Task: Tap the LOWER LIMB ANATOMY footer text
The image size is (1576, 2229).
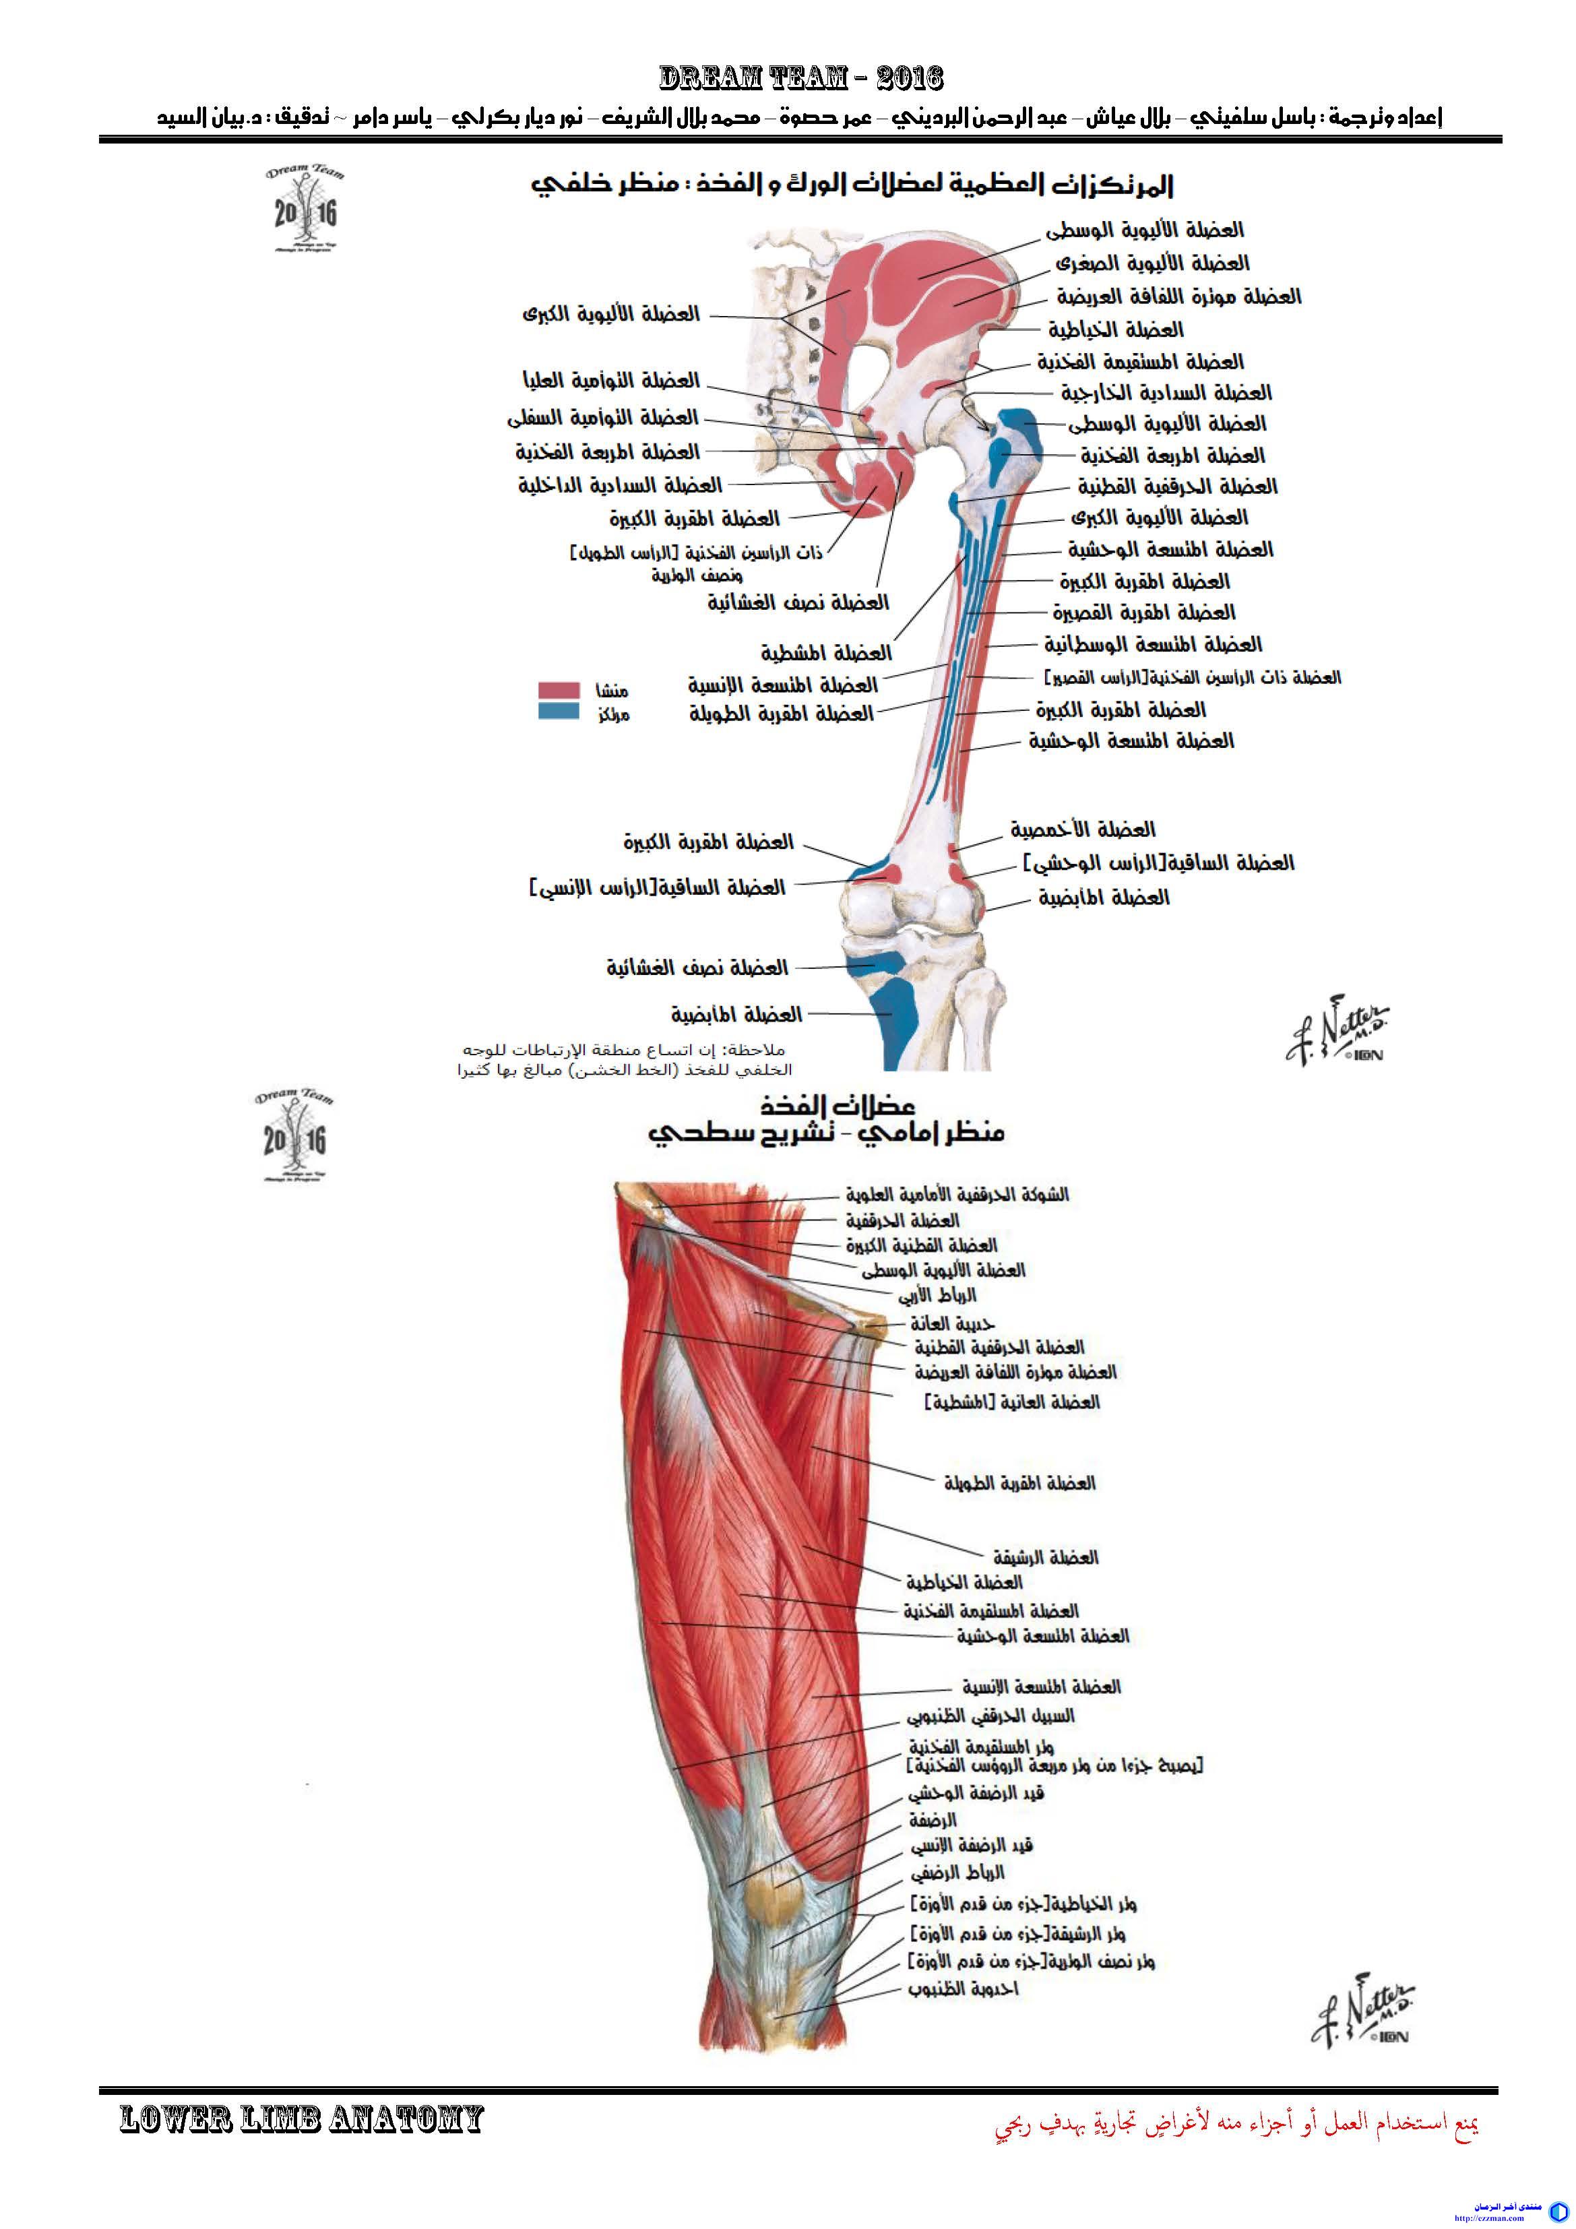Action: [x=301, y=2118]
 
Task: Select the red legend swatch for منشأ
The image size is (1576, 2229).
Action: [x=559, y=690]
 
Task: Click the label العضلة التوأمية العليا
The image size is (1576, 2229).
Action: [x=610, y=381]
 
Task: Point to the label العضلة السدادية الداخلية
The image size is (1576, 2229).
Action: [x=619, y=485]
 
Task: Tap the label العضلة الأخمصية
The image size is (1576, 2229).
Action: [x=1083, y=830]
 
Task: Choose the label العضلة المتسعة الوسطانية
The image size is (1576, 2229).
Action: [x=1153, y=645]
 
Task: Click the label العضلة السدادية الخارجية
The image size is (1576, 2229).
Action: [x=1165, y=394]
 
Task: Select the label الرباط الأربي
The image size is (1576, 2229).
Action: [x=936, y=1295]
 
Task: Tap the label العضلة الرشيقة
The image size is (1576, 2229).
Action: [x=1045, y=1557]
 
